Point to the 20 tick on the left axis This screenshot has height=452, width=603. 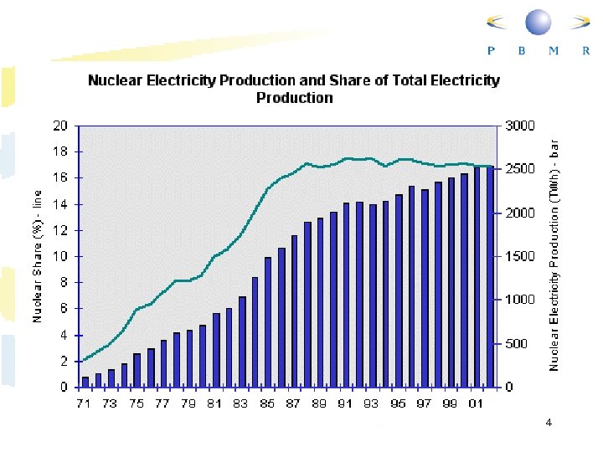tap(60, 126)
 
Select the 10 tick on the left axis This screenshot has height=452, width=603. tap(60, 257)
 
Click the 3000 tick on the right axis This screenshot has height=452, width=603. tap(519, 126)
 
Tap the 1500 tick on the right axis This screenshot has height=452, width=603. tap(519, 257)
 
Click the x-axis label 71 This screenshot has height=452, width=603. tap(85, 404)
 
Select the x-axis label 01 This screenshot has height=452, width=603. tap(477, 404)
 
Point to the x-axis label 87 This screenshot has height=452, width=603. tap(293, 404)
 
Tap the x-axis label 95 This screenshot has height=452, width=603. tap(398, 404)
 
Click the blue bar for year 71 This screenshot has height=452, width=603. tap(85, 382)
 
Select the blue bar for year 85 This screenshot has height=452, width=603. tap(268, 322)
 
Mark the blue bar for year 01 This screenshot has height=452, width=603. tap(477, 277)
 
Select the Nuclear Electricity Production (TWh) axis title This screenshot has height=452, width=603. tap(554, 255)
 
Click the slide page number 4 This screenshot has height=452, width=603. tap(549, 424)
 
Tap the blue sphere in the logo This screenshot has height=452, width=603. tap(539, 23)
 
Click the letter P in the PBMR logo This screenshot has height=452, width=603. tap(491, 50)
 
